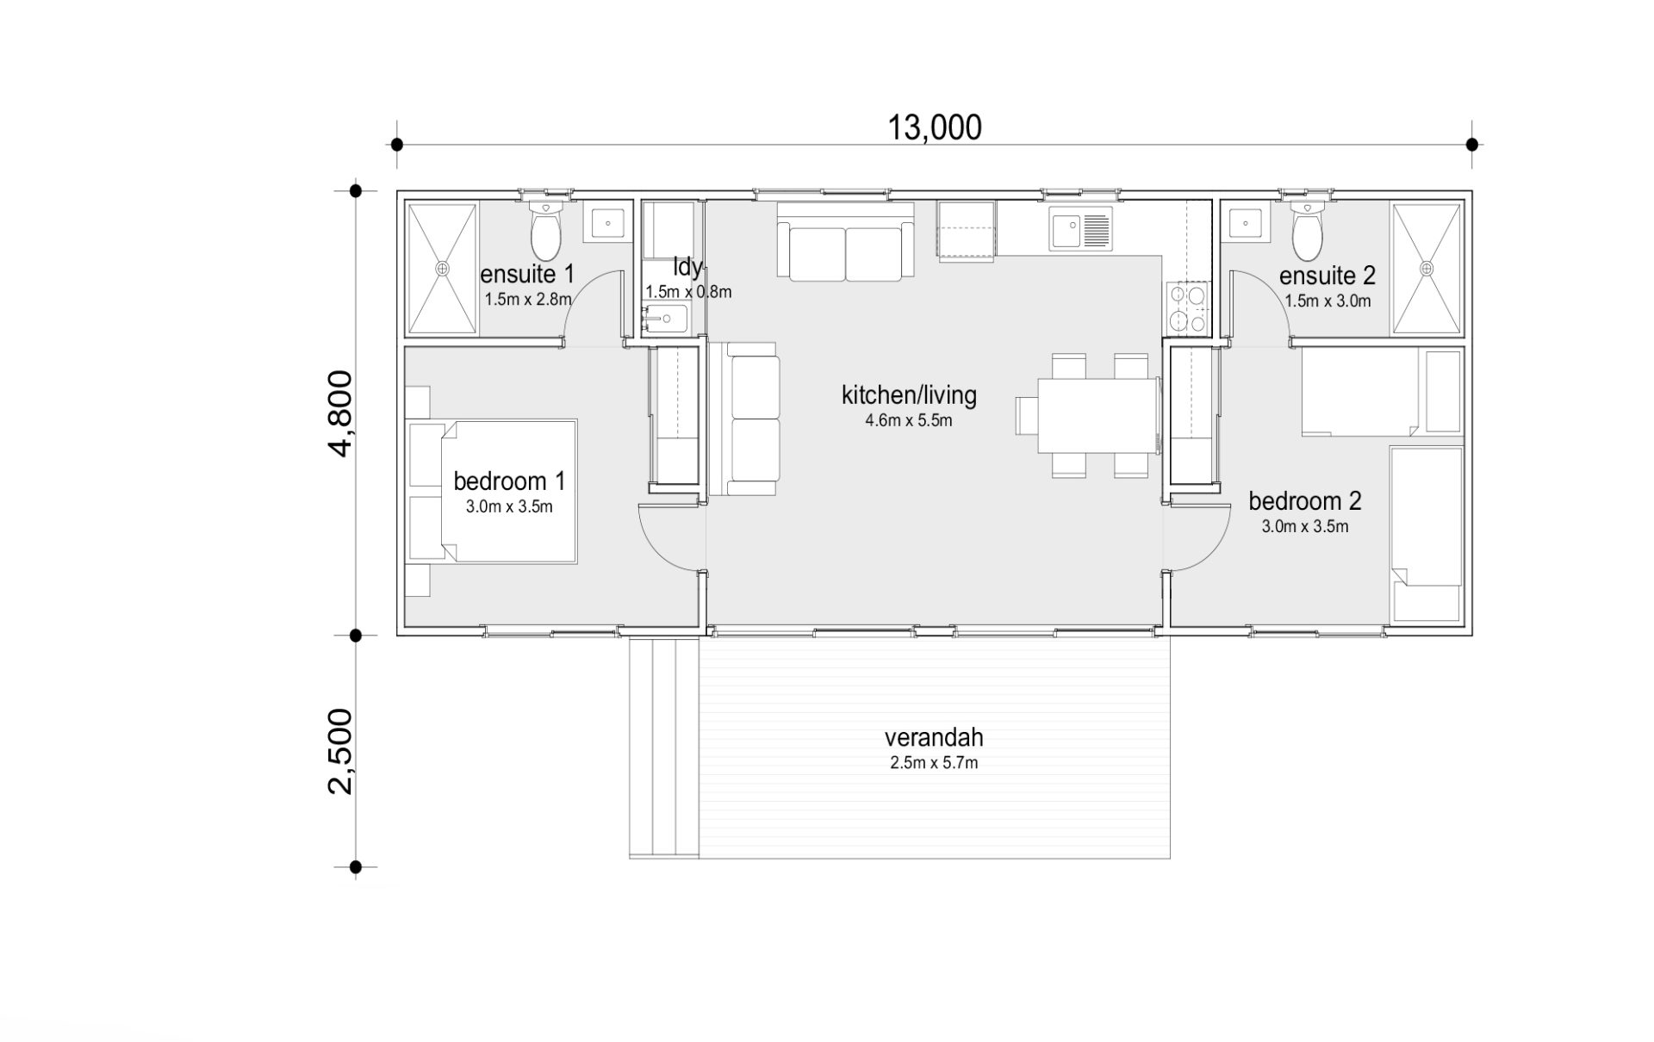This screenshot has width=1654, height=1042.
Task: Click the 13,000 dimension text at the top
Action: (935, 128)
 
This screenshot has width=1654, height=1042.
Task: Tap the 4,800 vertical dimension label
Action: (342, 413)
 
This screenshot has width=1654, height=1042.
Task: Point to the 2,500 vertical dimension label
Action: (342, 752)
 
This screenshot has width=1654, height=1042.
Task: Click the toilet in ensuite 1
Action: (545, 231)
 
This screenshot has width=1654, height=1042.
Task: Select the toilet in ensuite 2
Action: (1307, 231)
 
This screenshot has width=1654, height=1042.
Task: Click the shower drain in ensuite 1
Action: (442, 269)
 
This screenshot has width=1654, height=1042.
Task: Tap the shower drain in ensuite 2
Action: (1427, 269)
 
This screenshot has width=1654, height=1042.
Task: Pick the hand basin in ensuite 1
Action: (608, 222)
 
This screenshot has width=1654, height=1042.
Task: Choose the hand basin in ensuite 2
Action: (1245, 222)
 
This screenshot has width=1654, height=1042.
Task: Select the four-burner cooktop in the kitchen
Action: (1188, 308)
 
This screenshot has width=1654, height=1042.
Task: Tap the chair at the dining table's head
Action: (1028, 416)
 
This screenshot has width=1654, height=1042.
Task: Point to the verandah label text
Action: (934, 738)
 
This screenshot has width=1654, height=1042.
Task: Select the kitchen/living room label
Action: (909, 395)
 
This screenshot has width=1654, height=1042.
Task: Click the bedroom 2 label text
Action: (1305, 500)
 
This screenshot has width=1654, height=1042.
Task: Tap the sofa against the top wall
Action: (845, 241)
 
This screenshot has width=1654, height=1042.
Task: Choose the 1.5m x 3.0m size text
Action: (1328, 301)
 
